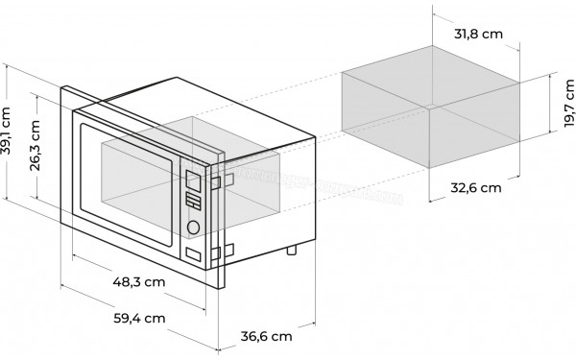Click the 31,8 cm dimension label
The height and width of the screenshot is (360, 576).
coord(477,35)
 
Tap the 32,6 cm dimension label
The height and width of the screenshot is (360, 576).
coord(477,188)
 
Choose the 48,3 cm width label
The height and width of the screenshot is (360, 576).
coord(138,283)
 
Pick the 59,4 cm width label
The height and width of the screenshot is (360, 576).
coord(138,318)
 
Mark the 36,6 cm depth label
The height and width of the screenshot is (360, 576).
coord(265,336)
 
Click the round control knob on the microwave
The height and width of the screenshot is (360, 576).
coord(194,228)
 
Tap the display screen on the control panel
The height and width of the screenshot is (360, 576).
coord(192,180)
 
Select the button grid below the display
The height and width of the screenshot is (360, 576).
coord(193,203)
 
